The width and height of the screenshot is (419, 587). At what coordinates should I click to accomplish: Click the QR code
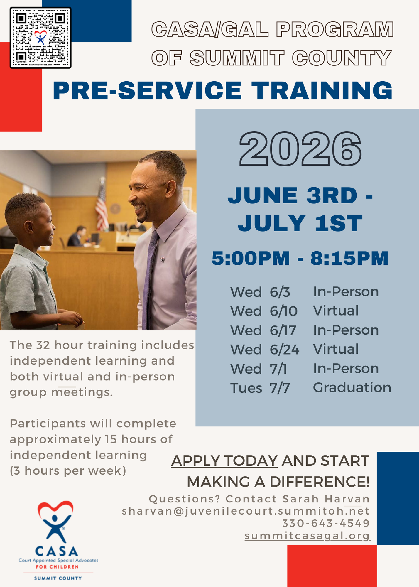click(x=40, y=38)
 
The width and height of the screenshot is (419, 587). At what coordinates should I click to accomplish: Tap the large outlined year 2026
click(x=300, y=149)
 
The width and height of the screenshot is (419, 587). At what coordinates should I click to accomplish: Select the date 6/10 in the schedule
click(x=283, y=311)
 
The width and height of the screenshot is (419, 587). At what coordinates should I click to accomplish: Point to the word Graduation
click(x=352, y=387)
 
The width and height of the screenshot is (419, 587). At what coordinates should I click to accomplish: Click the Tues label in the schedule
click(x=246, y=388)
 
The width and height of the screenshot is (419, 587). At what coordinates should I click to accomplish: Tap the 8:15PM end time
click(x=349, y=258)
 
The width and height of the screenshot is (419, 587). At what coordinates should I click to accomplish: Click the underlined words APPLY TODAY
click(x=224, y=461)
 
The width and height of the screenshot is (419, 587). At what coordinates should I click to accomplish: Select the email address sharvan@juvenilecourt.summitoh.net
click(x=246, y=511)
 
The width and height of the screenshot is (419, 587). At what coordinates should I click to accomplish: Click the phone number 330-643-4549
click(x=326, y=523)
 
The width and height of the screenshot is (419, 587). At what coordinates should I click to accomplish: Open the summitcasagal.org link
click(x=307, y=536)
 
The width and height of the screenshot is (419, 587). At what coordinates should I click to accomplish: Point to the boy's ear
click(x=29, y=227)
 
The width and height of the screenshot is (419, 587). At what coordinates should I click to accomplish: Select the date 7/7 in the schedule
click(x=280, y=388)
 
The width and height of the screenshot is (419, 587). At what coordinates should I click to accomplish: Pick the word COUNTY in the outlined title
click(x=342, y=58)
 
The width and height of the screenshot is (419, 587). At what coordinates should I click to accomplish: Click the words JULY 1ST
click(x=300, y=223)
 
